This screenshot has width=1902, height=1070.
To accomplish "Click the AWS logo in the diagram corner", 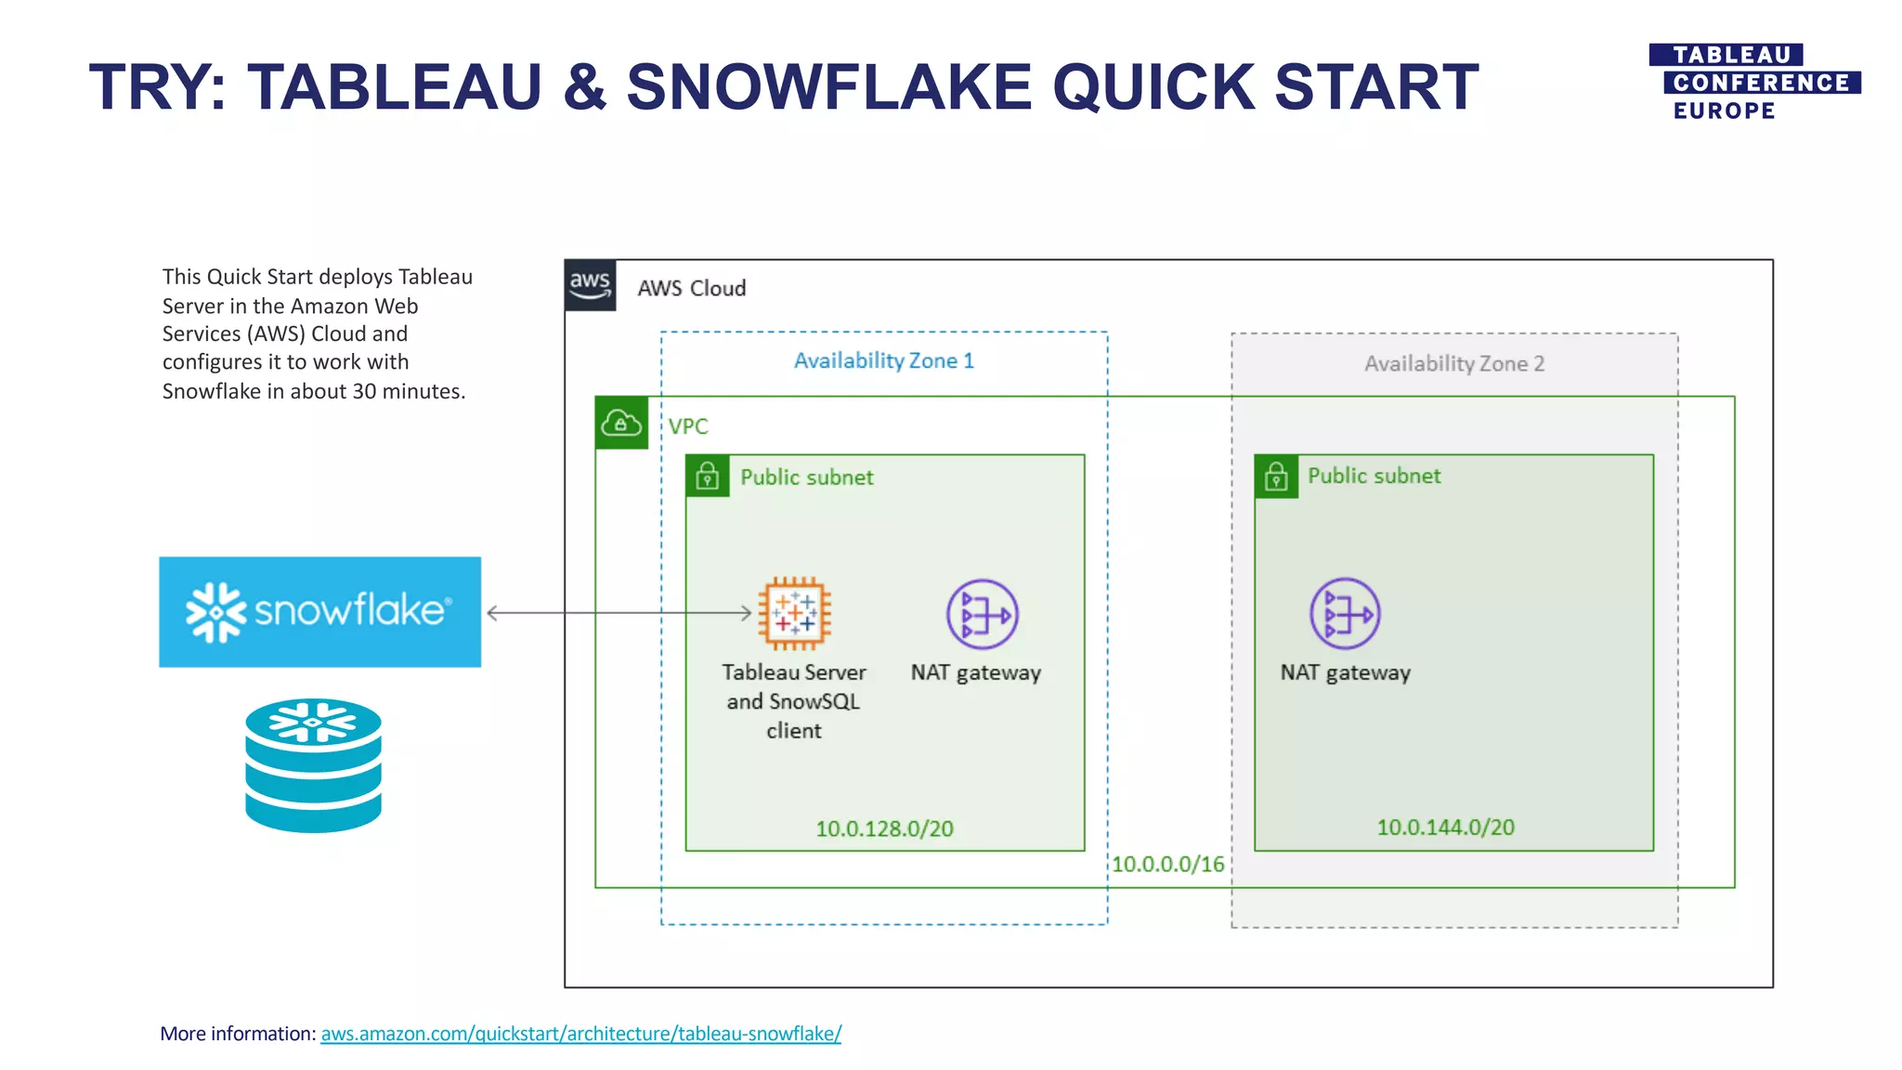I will point(590,284).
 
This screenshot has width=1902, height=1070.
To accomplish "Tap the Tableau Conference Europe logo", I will point(1753,83).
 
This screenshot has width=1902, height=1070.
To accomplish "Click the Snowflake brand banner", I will point(319,611).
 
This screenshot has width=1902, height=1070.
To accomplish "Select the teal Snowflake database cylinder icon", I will point(313,764).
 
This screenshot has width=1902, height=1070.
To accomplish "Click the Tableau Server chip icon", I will point(794,613).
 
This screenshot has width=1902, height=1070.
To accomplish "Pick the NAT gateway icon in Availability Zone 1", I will point(982,614).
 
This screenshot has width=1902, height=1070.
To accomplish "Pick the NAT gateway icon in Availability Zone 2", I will point(1345,613).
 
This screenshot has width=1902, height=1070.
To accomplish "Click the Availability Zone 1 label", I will point(883,360).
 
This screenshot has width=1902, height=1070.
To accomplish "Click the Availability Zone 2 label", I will point(1453,363).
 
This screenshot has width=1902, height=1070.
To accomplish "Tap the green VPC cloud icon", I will point(621,424).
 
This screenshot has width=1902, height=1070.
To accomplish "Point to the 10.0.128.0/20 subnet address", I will point(884,829).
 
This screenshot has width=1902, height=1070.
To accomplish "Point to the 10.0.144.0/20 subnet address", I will point(1445,827).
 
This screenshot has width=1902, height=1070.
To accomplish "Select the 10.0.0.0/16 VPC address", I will point(1167,864).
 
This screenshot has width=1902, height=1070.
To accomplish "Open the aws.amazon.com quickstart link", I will point(580,1033).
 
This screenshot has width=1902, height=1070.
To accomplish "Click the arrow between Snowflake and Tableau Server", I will point(619,613).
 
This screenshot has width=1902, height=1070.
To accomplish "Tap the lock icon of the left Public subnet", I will point(708,476).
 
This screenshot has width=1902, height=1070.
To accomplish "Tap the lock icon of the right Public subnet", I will point(1276,476).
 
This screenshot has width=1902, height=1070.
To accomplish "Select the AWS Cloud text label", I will point(691,288).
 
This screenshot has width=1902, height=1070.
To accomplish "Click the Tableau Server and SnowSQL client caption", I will point(793,700).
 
